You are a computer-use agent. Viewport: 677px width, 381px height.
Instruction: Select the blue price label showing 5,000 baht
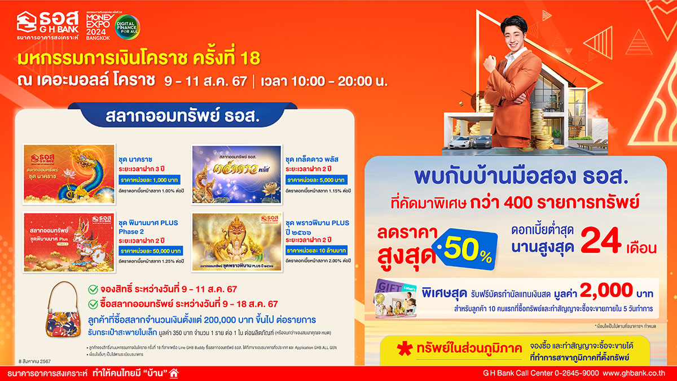point(316,179)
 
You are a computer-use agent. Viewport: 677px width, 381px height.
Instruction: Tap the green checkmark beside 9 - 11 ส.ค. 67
point(94,290)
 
